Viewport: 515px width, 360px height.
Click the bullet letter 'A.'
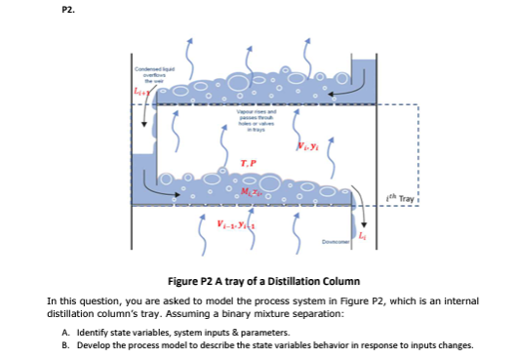coord(79,332)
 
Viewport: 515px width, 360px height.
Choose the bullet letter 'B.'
coord(79,344)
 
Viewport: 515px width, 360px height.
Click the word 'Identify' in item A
coord(102,332)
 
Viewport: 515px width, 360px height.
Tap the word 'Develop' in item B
coord(103,344)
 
